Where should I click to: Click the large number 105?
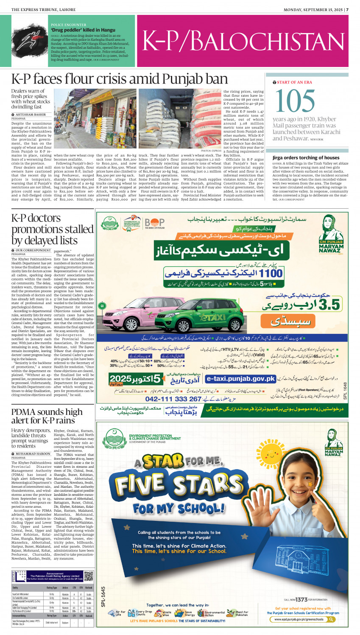tap(295, 101)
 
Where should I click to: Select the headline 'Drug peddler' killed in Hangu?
tap(83, 30)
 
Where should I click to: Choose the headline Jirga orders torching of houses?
tap(306, 158)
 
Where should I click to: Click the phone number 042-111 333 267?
tap(173, 399)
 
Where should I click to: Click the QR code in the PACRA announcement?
tap(88, 576)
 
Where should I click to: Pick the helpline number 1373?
tap(301, 599)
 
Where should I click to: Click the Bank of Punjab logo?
tap(155, 223)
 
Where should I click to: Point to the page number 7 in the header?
tap(347, 9)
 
